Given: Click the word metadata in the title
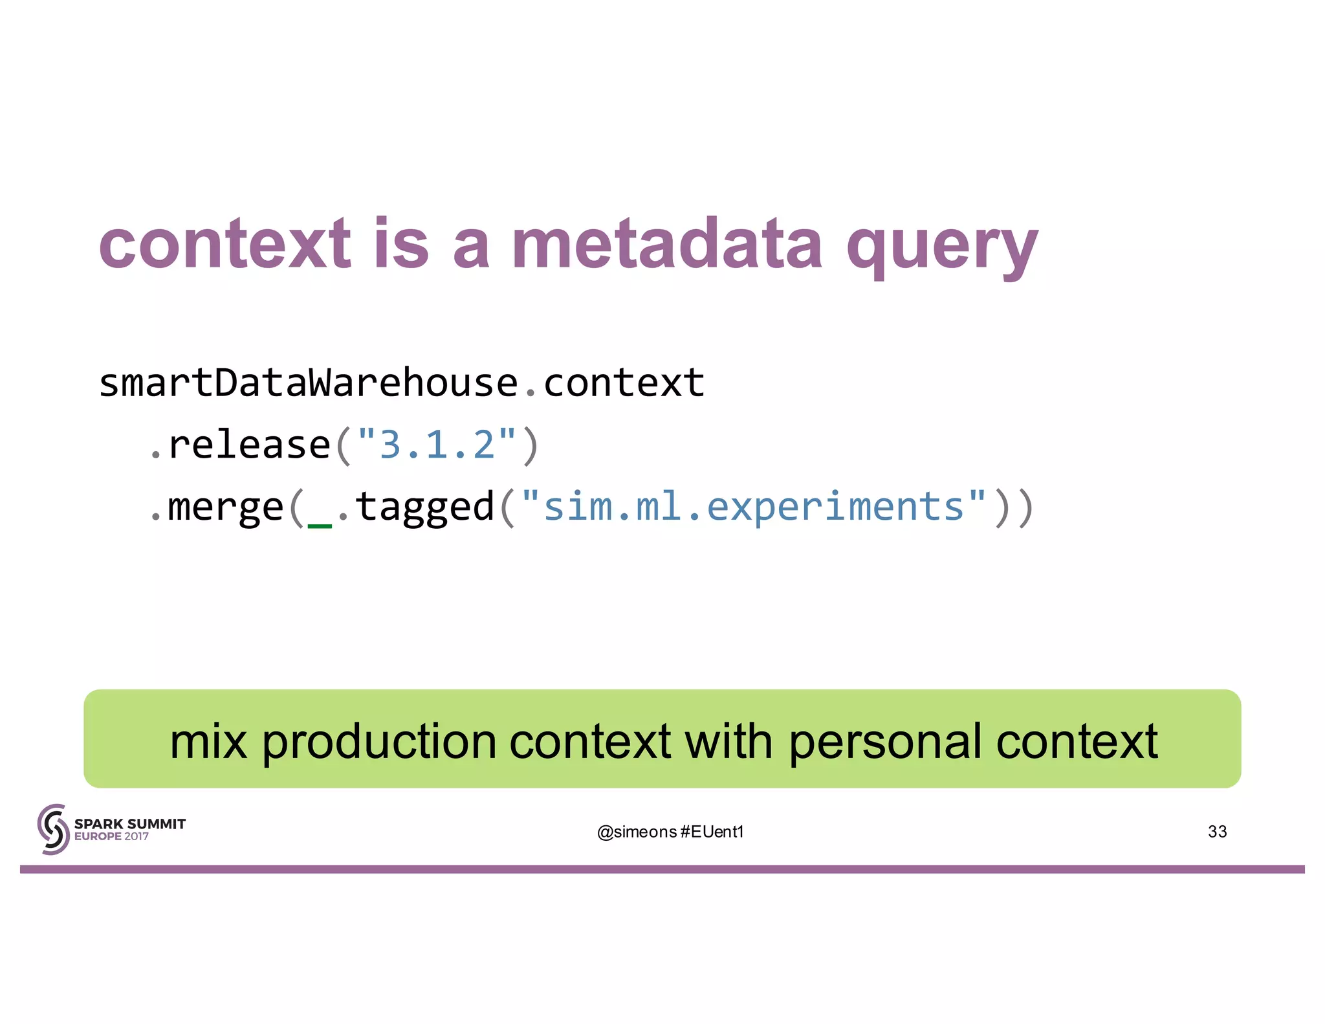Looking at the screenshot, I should (x=666, y=244).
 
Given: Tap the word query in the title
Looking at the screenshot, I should (x=941, y=249).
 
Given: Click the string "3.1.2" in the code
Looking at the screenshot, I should (x=437, y=445).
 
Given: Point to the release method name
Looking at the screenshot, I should (x=249, y=445).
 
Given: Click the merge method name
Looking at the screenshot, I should (x=225, y=507).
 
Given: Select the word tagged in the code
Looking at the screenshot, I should (x=425, y=507).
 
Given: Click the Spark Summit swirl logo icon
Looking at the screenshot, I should (x=53, y=829).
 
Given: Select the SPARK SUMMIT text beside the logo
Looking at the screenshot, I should (x=129, y=823).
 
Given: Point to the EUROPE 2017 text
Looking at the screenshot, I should (x=111, y=836).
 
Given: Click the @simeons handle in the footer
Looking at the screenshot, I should (x=637, y=832).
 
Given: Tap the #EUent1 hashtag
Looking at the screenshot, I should (x=712, y=832).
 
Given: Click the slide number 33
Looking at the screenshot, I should (x=1217, y=832).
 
